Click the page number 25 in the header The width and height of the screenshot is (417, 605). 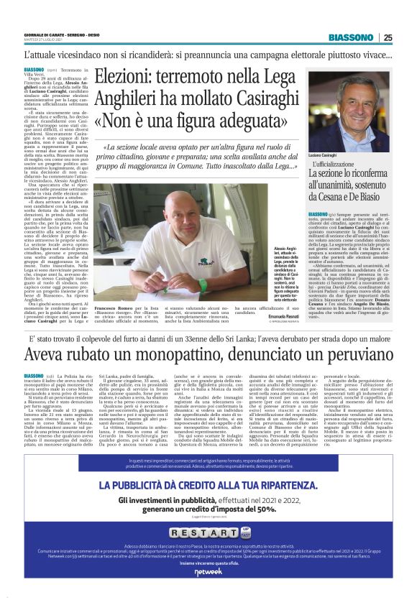pos(388,37)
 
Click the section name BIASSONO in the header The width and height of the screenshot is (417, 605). pos(350,37)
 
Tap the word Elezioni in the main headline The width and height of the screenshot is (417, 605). pos(129,74)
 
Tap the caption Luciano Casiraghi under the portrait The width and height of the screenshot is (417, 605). pos(326,155)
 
